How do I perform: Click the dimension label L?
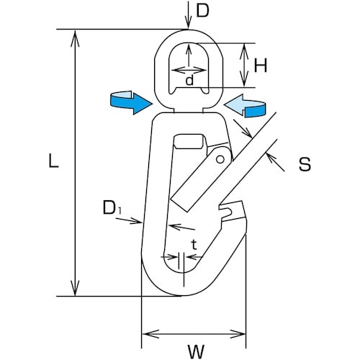53,162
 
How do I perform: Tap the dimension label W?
194,351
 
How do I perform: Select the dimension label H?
261,66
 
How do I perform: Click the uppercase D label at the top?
203,12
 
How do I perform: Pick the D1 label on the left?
110,208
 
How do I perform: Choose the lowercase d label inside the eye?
189,80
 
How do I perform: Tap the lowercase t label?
194,246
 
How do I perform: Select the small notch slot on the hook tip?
225,211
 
